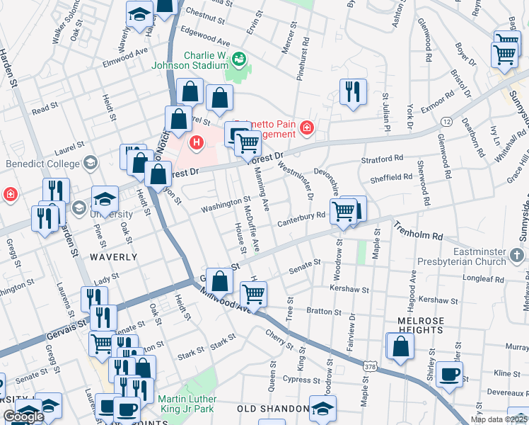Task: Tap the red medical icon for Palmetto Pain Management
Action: tap(306, 128)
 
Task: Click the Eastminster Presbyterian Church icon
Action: tap(518, 254)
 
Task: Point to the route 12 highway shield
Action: tap(446, 123)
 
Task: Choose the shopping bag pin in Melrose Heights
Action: tap(400, 346)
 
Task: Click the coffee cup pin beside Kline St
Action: tap(450, 373)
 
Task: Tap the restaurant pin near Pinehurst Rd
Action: tap(351, 91)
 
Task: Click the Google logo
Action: tap(23, 417)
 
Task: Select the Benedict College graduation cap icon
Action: tap(90, 164)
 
